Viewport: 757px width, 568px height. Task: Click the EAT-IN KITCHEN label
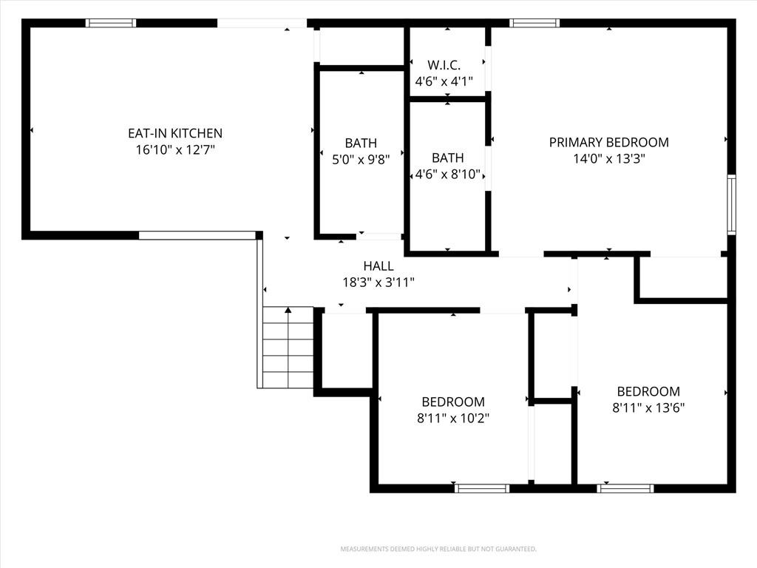click(x=175, y=133)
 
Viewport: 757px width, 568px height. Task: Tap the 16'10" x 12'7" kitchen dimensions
click(x=175, y=149)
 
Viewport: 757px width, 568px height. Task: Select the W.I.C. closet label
click(x=444, y=65)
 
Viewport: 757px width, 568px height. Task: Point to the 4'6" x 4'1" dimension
click(x=444, y=81)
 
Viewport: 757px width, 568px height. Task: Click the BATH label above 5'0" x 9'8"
click(x=361, y=143)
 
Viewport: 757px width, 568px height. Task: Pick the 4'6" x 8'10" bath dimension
click(x=448, y=174)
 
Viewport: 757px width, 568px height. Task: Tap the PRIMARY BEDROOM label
click(x=609, y=143)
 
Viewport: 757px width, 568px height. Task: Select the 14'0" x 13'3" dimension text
click(x=609, y=158)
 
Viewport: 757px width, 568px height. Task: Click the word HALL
click(x=378, y=266)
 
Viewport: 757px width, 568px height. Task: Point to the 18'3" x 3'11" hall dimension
click(x=378, y=282)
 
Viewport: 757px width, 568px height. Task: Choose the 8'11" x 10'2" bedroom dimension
click(x=453, y=418)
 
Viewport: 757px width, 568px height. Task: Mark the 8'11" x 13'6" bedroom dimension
click(x=648, y=408)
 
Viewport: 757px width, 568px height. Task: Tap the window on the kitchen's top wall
click(x=111, y=23)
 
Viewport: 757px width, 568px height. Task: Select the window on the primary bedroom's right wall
click(x=731, y=205)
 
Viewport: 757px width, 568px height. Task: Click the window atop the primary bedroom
click(x=534, y=23)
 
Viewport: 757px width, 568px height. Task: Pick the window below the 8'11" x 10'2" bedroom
click(x=482, y=488)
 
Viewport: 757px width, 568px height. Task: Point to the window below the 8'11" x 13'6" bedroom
click(x=625, y=488)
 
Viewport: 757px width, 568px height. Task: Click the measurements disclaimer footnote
click(x=438, y=550)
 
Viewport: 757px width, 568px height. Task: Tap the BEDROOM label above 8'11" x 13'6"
click(x=648, y=391)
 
